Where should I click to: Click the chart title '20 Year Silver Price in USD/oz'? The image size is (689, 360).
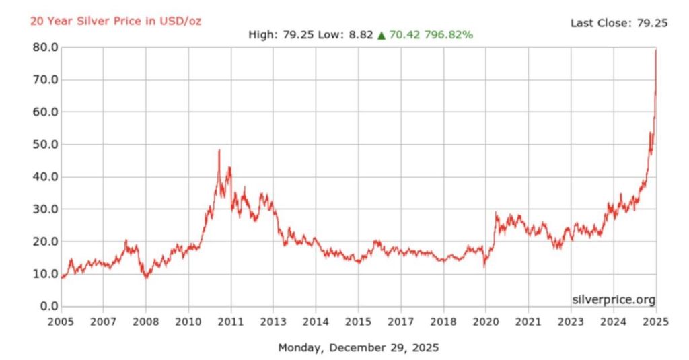coord(115,22)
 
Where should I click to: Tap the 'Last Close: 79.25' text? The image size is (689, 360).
coord(618,23)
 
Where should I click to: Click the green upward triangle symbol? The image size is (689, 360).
coord(381,35)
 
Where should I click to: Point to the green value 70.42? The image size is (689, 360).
coord(403,34)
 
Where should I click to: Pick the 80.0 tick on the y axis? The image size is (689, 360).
coord(40,48)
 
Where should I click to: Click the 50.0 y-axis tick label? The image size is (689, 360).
coord(40,145)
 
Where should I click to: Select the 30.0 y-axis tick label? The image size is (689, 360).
coord(40,209)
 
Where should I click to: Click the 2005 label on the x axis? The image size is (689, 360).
coord(61,322)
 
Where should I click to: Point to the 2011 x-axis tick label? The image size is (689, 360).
coord(231,322)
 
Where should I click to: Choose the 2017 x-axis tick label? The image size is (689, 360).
coord(400,322)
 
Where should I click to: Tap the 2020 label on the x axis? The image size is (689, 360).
coord(486,322)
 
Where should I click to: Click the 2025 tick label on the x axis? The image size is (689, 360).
coord(655,322)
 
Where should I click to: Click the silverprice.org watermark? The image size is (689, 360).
coord(613,299)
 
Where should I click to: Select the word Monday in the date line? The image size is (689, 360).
coord(301,348)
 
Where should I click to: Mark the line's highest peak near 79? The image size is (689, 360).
coord(655,50)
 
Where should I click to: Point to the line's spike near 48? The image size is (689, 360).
coord(219,151)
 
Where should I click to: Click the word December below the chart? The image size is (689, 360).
coord(364,348)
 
